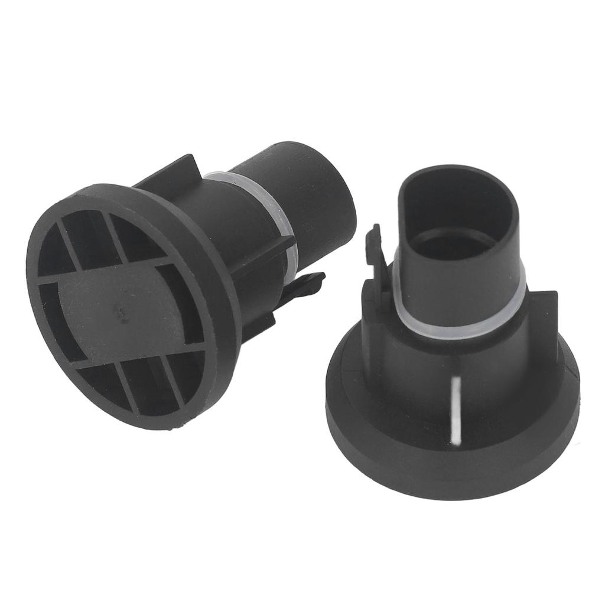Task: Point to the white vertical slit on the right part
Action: [x=455, y=408]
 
